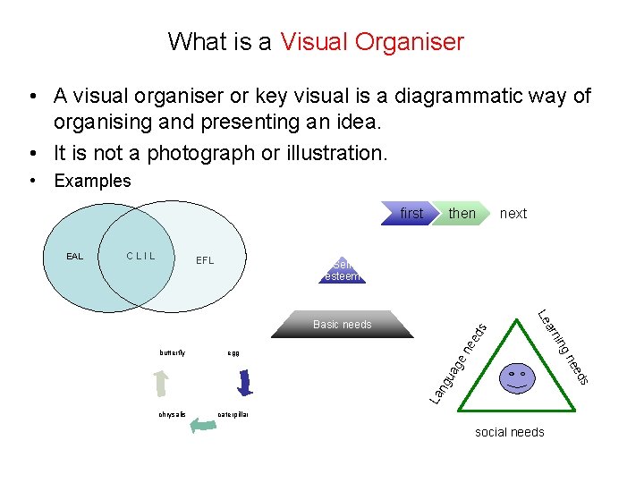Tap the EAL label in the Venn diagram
pos(74,257)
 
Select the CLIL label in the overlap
pos(140,257)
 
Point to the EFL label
pos(205,261)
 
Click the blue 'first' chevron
pos(410,213)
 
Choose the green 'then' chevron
pos(462,213)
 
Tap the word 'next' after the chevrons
pos(513,213)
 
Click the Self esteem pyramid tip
pos(343,271)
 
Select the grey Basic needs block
pos(343,325)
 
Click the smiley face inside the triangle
pos(517,377)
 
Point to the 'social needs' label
pos(509,432)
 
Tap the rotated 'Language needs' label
pos(457,362)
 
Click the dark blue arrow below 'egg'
pos(244,382)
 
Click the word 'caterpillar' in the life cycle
pos(233,414)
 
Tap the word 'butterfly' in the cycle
pos(173,352)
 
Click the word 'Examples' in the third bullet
pos(92,181)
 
